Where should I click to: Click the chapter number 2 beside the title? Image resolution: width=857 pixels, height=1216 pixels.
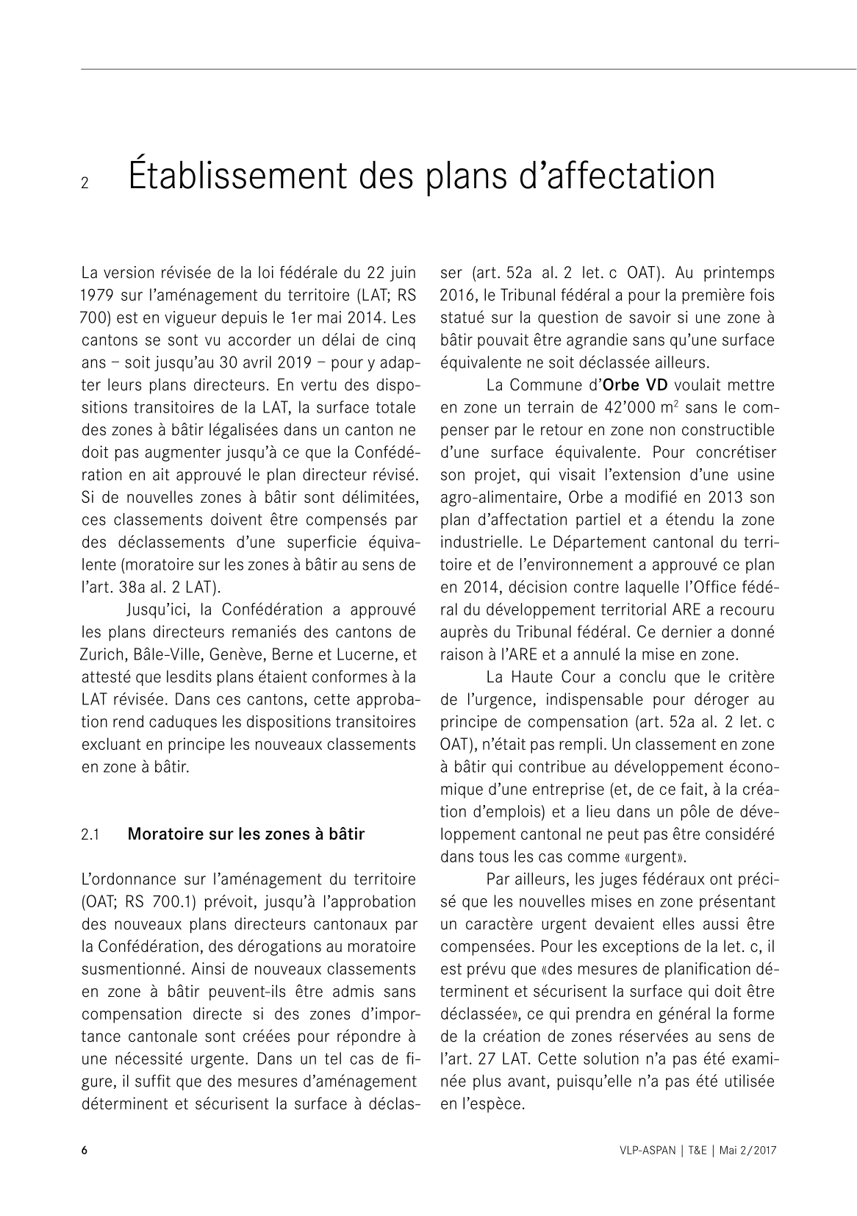pyautogui.click(x=85, y=184)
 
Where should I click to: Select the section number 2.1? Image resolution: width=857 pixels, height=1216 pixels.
pyautogui.click(x=90, y=834)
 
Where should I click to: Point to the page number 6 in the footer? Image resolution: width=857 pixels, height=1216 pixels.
pyautogui.click(x=85, y=1151)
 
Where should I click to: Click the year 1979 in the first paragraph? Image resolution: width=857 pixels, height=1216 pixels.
pyautogui.click(x=96, y=296)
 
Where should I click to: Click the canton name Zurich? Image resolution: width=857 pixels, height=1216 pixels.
pyautogui.click(x=104, y=654)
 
